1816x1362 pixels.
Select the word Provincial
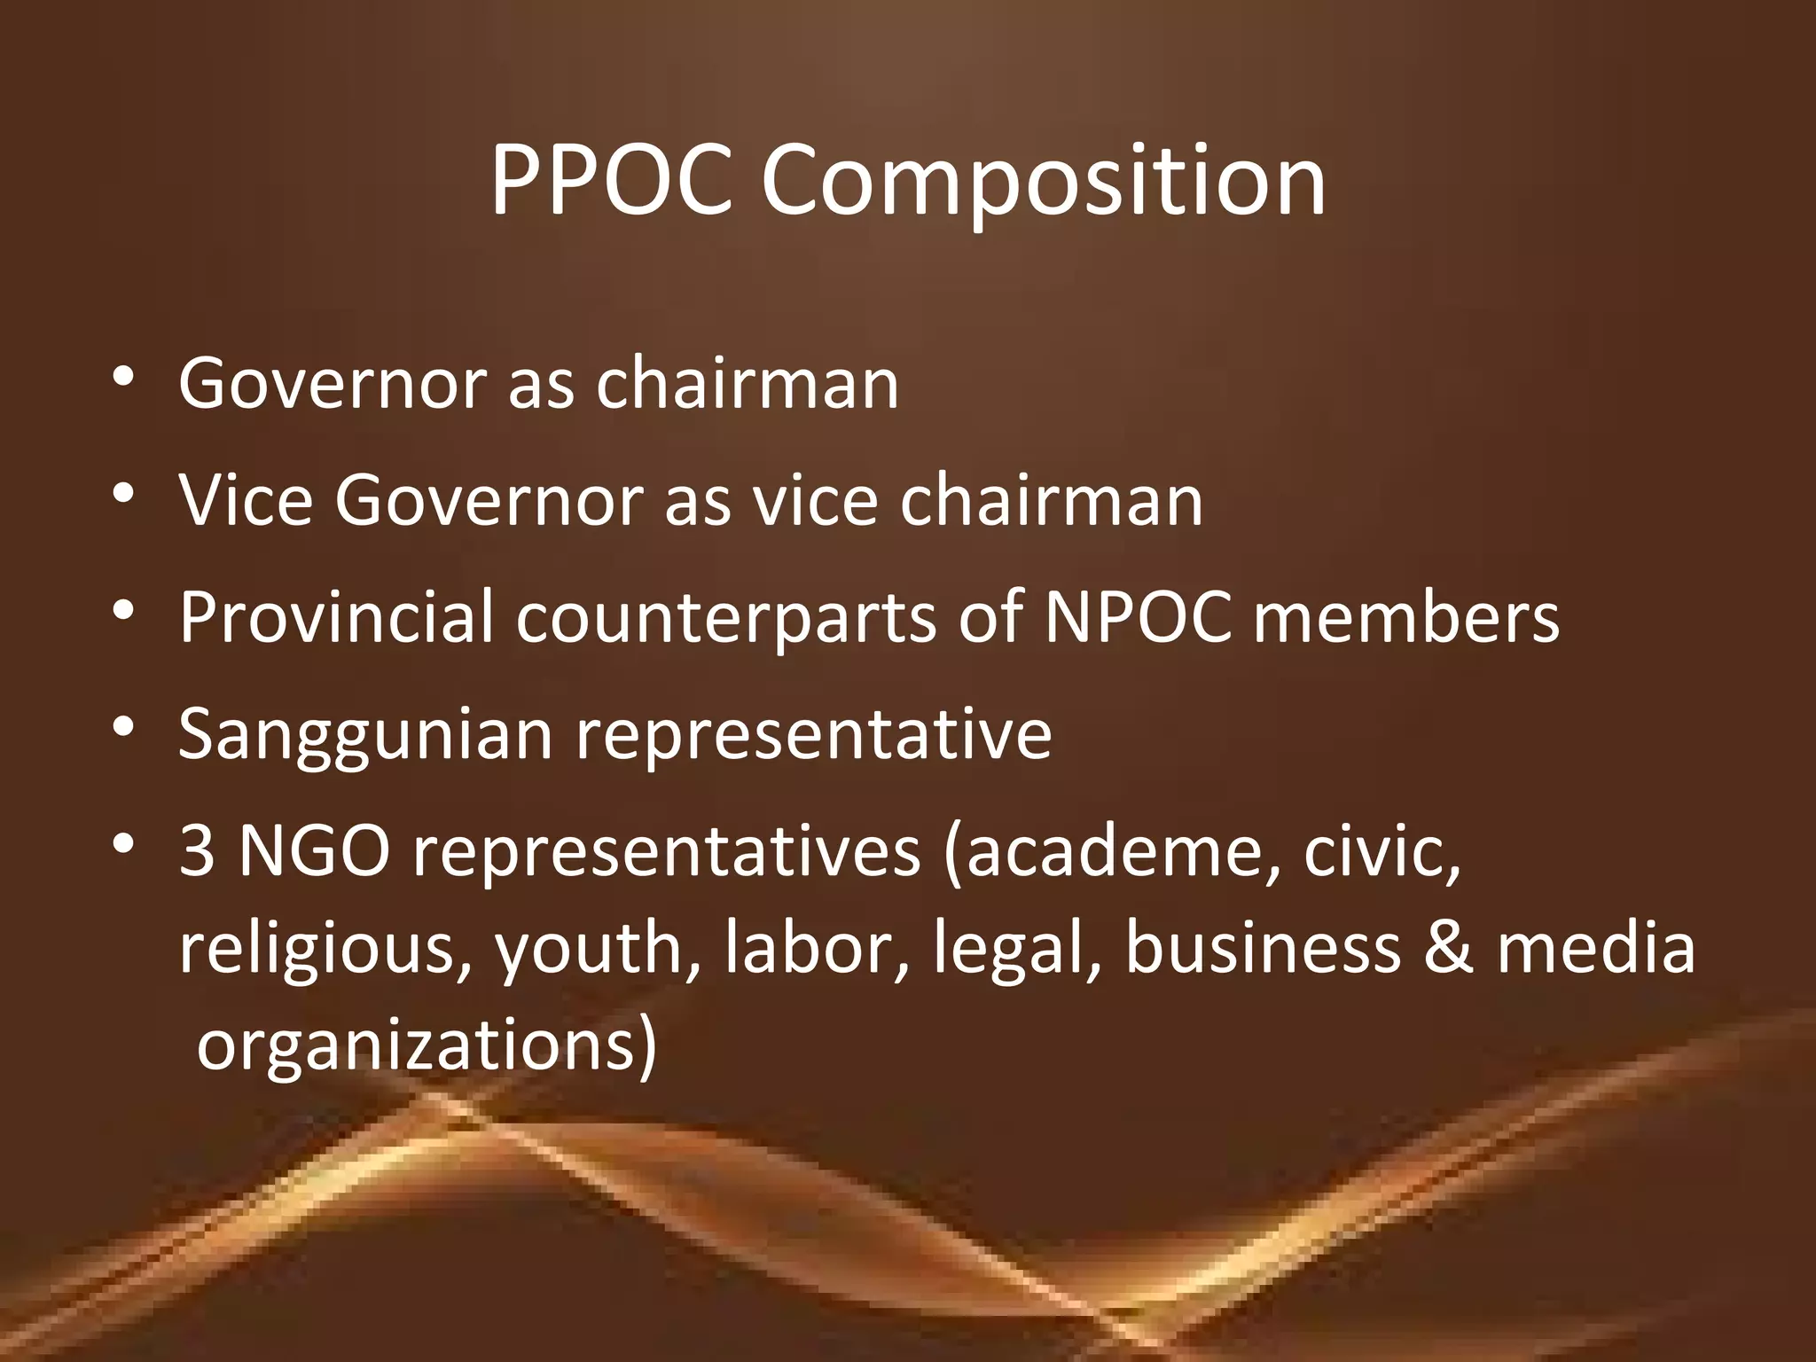coord(336,617)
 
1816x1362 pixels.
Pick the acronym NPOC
coord(1138,617)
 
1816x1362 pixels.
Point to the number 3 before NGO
coord(197,852)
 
